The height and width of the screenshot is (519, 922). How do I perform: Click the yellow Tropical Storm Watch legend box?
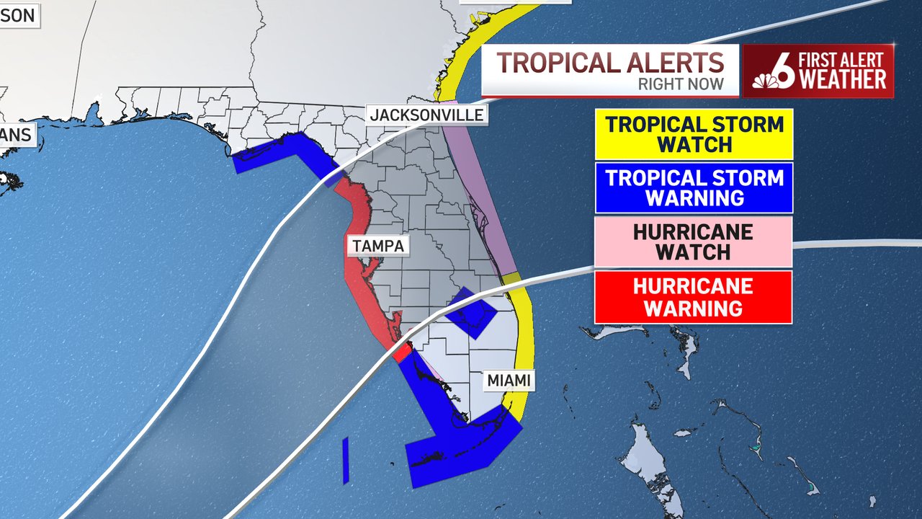coord(694,134)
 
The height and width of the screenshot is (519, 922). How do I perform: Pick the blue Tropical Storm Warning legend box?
coord(694,187)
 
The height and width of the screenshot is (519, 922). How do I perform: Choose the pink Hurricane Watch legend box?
coord(694,242)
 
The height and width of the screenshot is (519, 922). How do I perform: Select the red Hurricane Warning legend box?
coord(694,297)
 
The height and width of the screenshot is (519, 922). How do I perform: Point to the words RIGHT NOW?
coord(681,85)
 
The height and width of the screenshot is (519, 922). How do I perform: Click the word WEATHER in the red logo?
coord(843,80)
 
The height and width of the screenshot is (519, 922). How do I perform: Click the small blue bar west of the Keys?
coord(346,460)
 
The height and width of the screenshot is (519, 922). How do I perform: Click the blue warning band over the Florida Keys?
coord(461,443)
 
